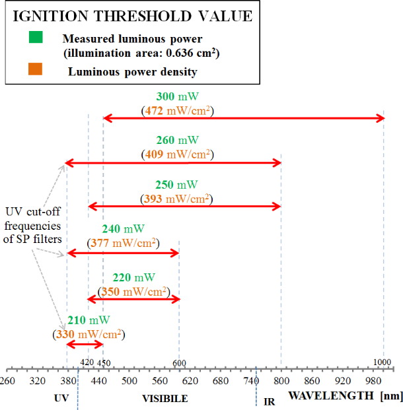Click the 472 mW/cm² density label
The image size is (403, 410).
coord(177,110)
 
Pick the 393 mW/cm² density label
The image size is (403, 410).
coord(177,198)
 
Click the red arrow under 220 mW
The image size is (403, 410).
coord(134,299)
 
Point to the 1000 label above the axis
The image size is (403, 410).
coord(382,362)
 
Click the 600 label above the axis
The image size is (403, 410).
coord(179,363)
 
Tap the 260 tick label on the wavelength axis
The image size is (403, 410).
coord(7,381)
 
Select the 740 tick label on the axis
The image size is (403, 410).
coord(251,381)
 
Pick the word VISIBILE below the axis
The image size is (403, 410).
coord(165,399)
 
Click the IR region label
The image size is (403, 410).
coord(269,401)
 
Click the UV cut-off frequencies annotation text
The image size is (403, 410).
coord(33,225)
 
